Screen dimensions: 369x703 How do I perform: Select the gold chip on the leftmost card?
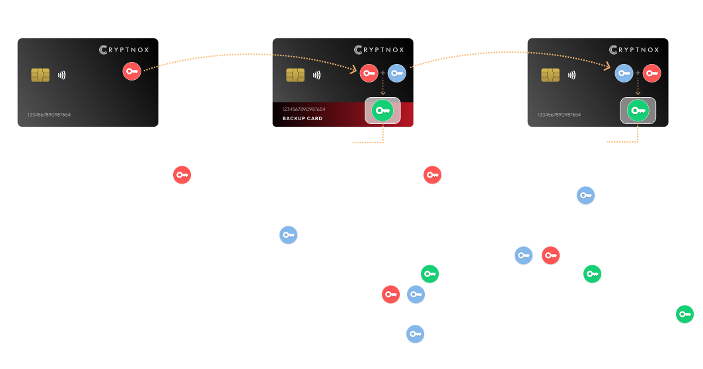[x=40, y=75]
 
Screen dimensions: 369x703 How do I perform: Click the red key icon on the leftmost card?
[x=131, y=71]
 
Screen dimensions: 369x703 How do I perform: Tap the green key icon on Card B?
[x=382, y=110]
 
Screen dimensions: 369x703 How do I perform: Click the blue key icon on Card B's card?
[x=396, y=73]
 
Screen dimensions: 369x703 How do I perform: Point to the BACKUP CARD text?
[x=303, y=119]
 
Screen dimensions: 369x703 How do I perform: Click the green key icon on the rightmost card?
[x=637, y=110]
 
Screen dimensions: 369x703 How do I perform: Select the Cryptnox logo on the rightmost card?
[x=634, y=50]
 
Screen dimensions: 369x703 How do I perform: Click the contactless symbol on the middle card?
[x=316, y=75]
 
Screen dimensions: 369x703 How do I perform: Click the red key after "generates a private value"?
[x=182, y=176]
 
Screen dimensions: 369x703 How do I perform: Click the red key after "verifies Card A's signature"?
[x=432, y=175]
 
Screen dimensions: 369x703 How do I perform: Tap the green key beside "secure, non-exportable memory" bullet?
[x=685, y=314]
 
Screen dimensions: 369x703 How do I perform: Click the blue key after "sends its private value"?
[x=415, y=334]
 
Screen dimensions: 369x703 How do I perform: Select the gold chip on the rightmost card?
[x=550, y=75]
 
